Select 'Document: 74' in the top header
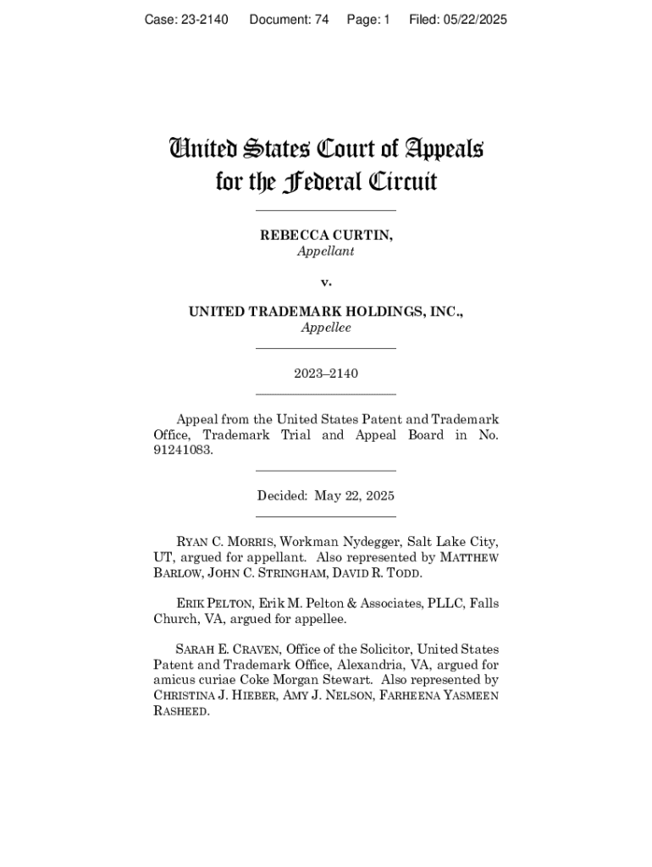click(289, 19)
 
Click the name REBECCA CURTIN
click(326, 235)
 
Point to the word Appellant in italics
click(326, 251)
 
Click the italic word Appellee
click(326, 328)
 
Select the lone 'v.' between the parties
click(326, 281)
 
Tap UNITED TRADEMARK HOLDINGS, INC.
click(326, 312)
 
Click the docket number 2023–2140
click(326, 373)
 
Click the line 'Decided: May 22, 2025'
click(326, 495)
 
